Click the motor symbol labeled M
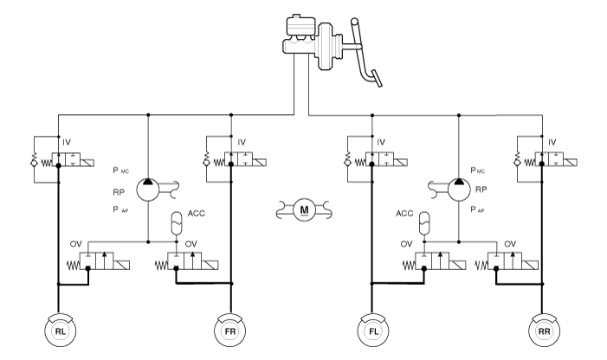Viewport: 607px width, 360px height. coord(303,209)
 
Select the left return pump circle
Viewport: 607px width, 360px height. coord(150,179)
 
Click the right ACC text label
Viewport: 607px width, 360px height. coord(404,210)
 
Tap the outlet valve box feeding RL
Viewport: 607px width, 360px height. coord(103,261)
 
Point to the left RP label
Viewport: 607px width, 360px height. coord(119,190)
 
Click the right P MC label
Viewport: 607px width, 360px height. coord(479,170)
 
